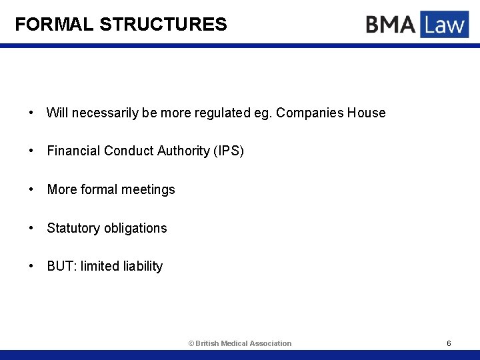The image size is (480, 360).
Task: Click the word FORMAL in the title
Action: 54,25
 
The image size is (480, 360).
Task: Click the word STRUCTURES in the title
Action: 163,25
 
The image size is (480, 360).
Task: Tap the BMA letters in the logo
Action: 390,25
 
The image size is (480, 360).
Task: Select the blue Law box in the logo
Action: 444,25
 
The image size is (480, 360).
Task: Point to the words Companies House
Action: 331,113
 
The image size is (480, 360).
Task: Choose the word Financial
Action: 73,151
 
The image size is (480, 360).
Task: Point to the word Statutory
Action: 73,228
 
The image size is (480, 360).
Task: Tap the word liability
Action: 143,266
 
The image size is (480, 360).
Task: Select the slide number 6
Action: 449,343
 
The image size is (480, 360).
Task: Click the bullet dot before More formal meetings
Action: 32,189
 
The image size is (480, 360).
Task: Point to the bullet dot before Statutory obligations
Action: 32,228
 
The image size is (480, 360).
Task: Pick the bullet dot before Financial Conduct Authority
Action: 32,151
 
